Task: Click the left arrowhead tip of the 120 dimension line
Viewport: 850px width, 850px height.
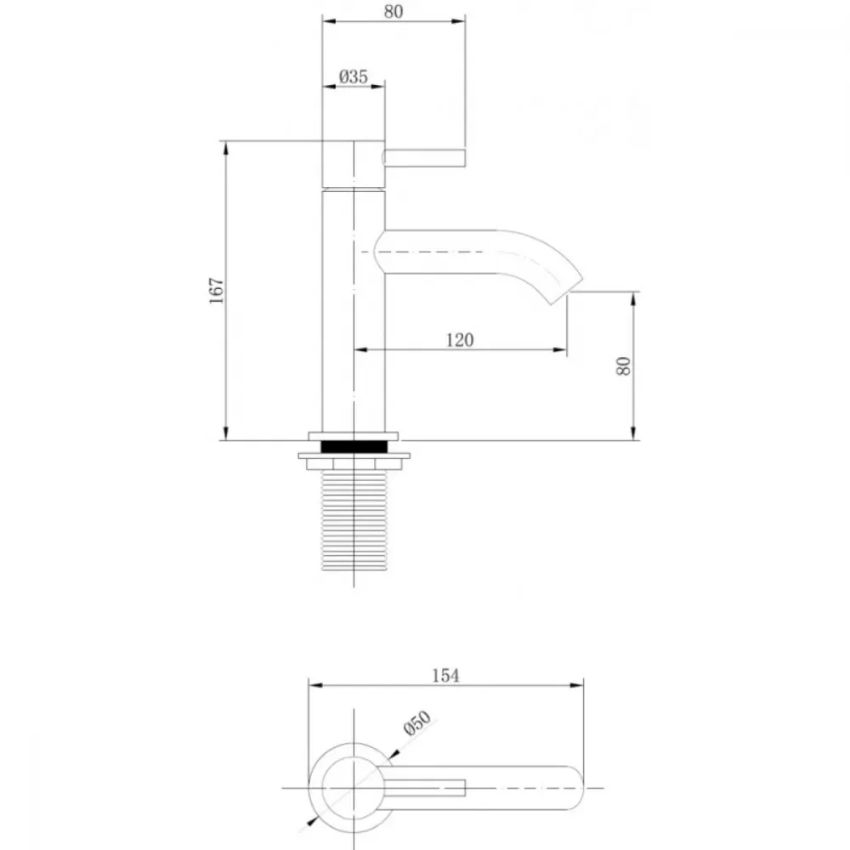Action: [x=354, y=349]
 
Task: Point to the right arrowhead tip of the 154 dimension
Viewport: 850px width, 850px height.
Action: [x=583, y=685]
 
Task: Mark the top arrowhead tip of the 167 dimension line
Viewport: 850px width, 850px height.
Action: [x=225, y=141]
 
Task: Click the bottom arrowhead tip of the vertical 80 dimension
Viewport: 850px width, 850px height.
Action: [x=633, y=439]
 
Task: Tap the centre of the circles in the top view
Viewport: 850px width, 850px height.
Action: [x=354, y=788]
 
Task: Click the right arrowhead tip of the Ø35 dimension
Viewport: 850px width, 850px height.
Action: [x=384, y=86]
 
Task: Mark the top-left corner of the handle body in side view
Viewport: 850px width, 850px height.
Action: [x=322, y=141]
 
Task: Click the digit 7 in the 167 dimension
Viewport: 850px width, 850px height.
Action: [x=216, y=282]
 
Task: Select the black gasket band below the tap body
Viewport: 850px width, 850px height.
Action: [x=354, y=446]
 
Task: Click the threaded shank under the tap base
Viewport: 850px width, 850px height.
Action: [x=354, y=520]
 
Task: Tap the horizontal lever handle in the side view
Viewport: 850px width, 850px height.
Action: [x=424, y=158]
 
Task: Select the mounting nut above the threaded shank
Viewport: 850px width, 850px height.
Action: [x=354, y=461]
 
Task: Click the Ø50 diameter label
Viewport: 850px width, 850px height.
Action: [x=417, y=722]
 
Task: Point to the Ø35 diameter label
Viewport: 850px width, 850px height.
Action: [x=354, y=76]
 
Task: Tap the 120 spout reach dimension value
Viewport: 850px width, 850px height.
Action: [x=460, y=340]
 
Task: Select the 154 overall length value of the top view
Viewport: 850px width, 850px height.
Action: [x=445, y=676]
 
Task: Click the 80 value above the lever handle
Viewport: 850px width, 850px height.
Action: [x=394, y=11]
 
